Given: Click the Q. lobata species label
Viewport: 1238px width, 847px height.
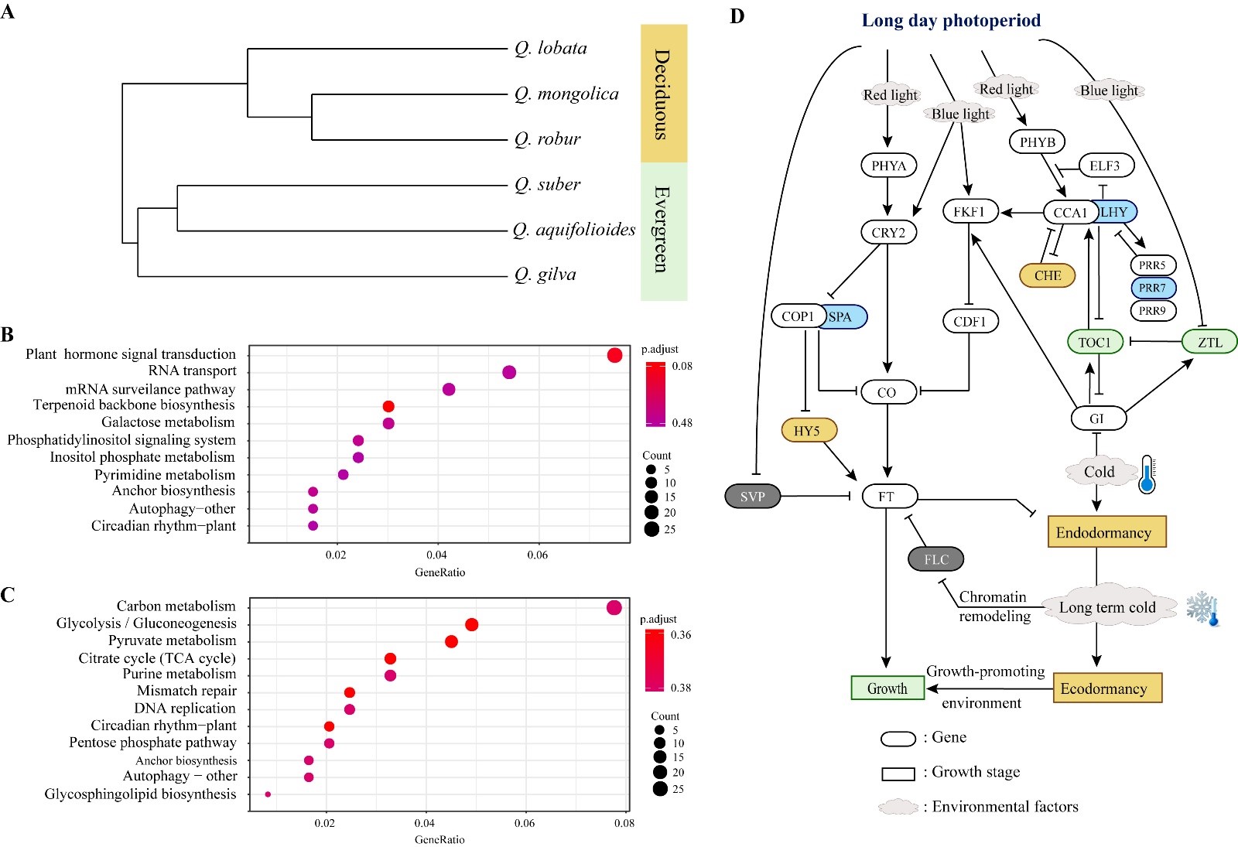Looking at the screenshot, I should (x=551, y=48).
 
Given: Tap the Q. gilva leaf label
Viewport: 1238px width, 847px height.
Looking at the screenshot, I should (x=545, y=275).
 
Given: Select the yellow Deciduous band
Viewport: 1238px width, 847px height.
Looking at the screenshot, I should (x=663, y=94).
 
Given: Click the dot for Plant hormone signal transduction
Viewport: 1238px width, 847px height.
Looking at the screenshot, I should (x=615, y=355).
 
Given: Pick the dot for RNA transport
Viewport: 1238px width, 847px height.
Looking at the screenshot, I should (x=509, y=372).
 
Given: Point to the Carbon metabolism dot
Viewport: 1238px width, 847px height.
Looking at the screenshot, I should (x=614, y=607).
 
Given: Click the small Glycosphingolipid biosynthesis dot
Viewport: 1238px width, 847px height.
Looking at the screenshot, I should (x=268, y=794).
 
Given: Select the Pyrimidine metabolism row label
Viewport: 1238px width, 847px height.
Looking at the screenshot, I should (x=165, y=474).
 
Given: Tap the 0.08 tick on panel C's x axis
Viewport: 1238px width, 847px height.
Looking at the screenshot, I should (x=624, y=823).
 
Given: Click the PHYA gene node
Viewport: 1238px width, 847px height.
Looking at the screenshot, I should (x=888, y=166).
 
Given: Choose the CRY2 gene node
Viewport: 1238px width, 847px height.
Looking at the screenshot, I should (x=888, y=232).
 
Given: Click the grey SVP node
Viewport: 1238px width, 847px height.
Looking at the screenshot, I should (x=752, y=496).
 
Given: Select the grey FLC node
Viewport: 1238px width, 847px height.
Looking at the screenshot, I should (x=936, y=559).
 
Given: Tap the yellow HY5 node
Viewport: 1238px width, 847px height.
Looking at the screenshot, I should (x=809, y=431).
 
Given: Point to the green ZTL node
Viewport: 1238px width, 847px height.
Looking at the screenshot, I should (x=1209, y=342).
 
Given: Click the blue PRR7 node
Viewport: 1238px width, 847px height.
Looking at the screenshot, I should (x=1152, y=288).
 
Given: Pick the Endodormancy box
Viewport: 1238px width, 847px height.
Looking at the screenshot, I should (x=1106, y=532).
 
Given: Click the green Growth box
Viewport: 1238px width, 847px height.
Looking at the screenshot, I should (x=887, y=688).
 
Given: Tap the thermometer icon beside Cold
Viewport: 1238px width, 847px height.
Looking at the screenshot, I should (x=1147, y=474).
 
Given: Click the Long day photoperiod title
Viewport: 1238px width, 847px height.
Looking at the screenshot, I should (x=951, y=21).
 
